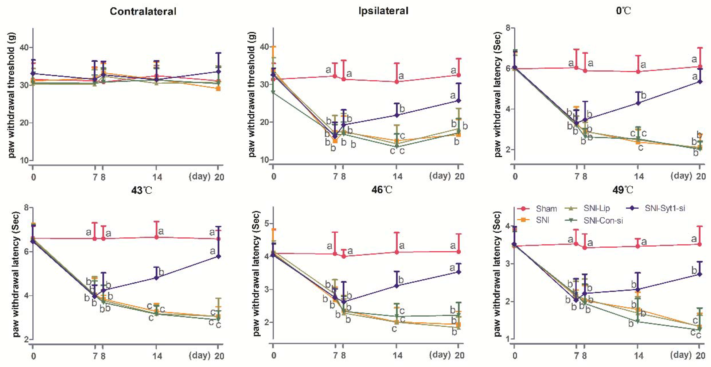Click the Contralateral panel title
pyautogui.click(x=143, y=11)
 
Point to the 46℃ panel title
pyautogui.click(x=382, y=190)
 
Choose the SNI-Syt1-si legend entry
pyautogui.click(x=665, y=208)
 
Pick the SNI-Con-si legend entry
pyautogui.click(x=603, y=220)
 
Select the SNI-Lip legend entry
pyautogui.click(x=596, y=208)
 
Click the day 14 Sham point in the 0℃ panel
pyautogui.click(x=638, y=72)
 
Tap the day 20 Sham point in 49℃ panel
pyautogui.click(x=699, y=244)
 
